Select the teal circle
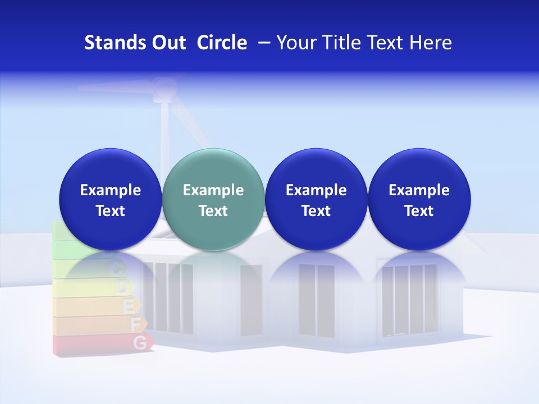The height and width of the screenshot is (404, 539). [x=213, y=199]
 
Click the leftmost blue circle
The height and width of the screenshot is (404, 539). [x=110, y=199]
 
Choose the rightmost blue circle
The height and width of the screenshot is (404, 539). [x=419, y=199]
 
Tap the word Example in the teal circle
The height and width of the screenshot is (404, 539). [x=213, y=190]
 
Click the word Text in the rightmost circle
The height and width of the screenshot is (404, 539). [x=419, y=211]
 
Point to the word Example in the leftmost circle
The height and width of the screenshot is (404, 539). [x=110, y=190]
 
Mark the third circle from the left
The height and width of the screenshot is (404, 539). [x=316, y=199]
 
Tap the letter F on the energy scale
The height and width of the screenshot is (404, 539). [x=135, y=324]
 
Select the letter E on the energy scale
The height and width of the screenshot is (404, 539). [x=130, y=306]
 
